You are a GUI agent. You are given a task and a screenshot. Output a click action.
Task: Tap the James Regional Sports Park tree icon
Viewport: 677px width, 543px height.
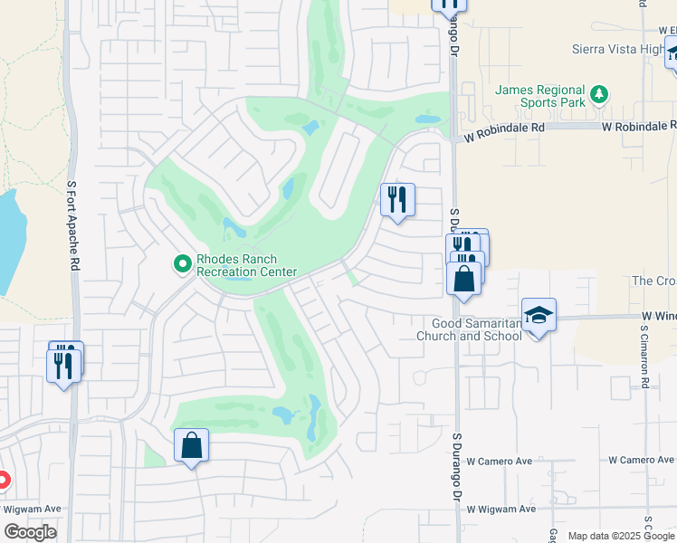tap(598, 94)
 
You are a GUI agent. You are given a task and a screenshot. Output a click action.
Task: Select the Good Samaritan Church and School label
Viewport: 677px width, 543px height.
tap(469, 329)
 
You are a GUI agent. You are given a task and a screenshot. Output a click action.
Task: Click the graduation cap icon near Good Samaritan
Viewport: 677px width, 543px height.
tap(539, 315)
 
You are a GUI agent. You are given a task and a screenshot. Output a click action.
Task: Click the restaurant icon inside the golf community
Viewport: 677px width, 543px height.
tap(396, 200)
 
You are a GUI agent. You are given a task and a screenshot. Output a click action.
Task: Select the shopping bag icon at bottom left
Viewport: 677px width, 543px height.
tap(191, 445)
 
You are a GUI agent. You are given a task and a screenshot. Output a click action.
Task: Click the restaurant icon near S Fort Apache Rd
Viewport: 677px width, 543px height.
tap(63, 366)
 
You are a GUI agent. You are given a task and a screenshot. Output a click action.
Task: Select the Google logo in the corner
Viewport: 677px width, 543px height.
tap(30, 532)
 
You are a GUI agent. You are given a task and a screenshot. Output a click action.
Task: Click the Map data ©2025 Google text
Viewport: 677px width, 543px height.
tap(620, 536)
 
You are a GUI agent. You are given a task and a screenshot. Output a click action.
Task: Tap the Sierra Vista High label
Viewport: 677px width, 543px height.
tap(617, 50)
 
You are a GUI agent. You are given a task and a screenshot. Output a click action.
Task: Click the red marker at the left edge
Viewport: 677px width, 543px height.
tap(3, 481)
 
